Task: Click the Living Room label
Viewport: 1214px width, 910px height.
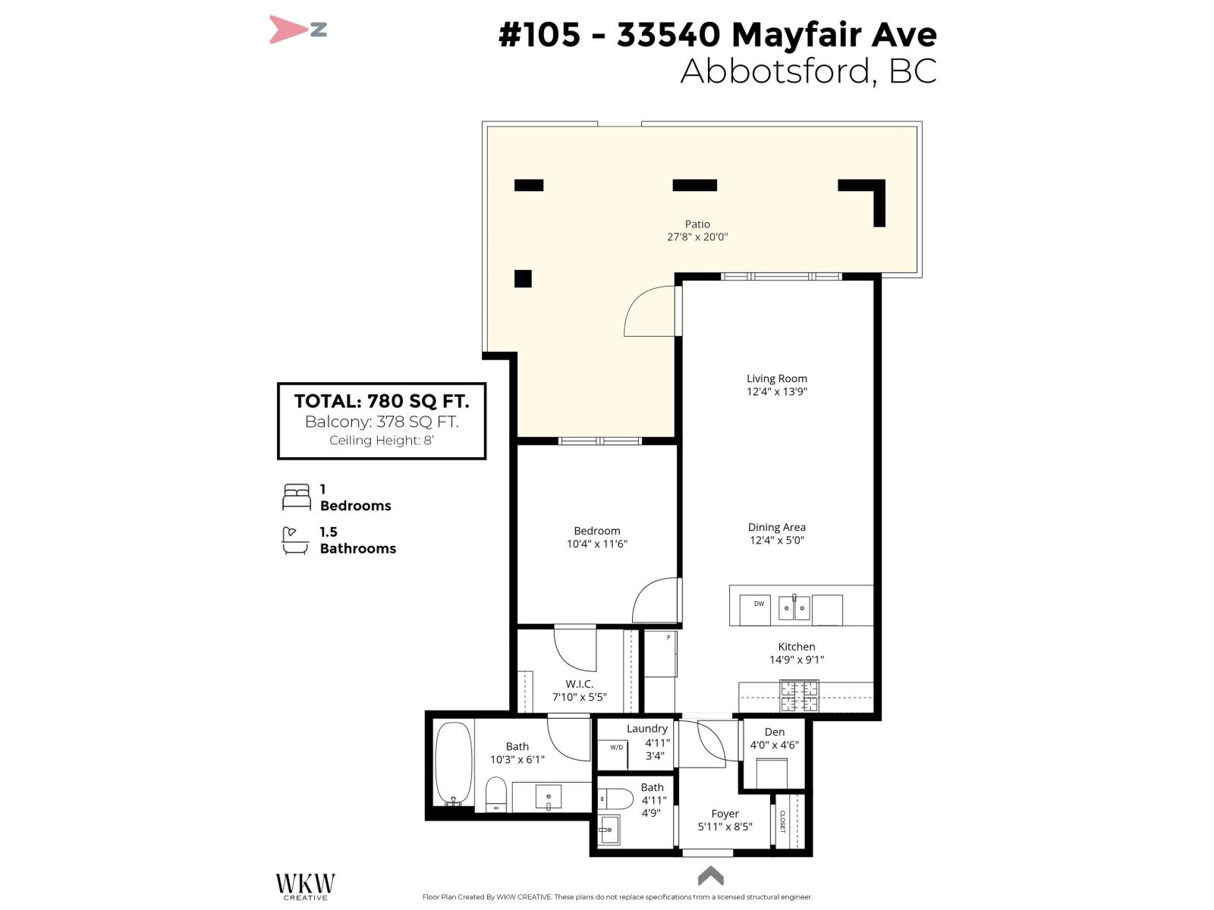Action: tap(776, 378)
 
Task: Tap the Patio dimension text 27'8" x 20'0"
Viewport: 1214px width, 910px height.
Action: tap(697, 237)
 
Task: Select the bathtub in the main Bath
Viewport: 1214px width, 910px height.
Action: tap(453, 763)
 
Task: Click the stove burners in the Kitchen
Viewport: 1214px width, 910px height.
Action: tap(800, 696)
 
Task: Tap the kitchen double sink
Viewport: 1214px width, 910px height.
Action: tap(794, 607)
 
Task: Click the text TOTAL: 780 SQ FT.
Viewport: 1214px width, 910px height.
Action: tap(381, 401)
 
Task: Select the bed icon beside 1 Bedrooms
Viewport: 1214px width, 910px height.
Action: tap(297, 497)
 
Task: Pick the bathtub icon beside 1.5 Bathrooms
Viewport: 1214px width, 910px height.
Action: tap(295, 540)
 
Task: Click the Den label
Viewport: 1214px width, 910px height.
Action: tap(774, 732)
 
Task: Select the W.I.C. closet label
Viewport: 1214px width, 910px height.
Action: tap(579, 684)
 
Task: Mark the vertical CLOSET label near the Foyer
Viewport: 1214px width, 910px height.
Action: tap(782, 821)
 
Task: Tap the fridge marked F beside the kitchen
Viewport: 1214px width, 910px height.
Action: tap(660, 654)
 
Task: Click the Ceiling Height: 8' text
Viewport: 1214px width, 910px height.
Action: tap(381, 441)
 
